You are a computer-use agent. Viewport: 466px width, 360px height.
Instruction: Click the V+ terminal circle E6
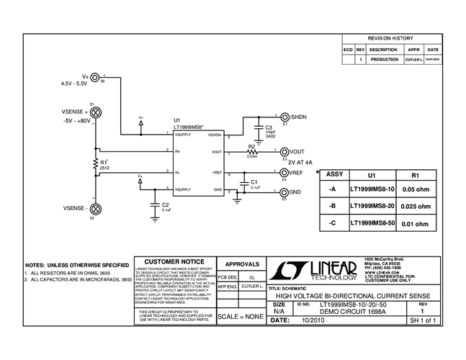97,76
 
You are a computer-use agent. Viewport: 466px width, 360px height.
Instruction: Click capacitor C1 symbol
245,183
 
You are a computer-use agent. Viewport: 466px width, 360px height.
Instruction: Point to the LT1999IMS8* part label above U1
189,127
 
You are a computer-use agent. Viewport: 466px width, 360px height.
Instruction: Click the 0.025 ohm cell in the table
415,207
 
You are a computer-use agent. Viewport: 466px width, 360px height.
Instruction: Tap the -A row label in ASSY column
331,189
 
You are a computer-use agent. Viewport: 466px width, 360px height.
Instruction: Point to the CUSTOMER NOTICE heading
174,261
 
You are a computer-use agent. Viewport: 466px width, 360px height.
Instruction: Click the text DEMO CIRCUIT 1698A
337,311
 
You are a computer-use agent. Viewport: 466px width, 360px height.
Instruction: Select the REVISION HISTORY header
390,37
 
